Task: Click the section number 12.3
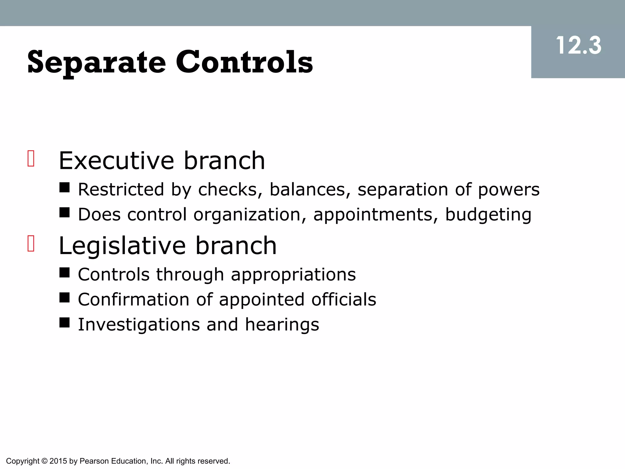[578, 46]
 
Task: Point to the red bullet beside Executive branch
[31, 158]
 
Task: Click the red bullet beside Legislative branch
[31, 243]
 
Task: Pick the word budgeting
[488, 215]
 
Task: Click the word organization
[250, 215]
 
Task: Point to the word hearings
[282, 325]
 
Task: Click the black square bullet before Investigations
[64, 322]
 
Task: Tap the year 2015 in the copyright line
[58, 461]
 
